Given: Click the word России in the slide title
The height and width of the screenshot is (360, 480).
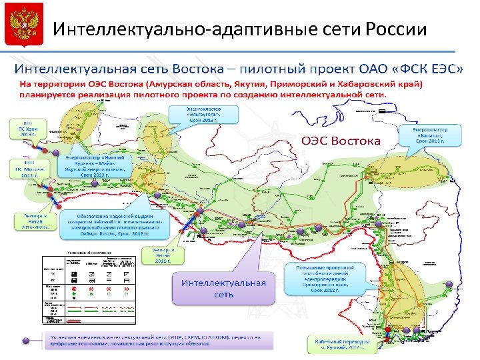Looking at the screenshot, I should click(x=397, y=30).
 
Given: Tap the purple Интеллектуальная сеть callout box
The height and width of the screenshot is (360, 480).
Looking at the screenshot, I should click(x=224, y=288).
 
